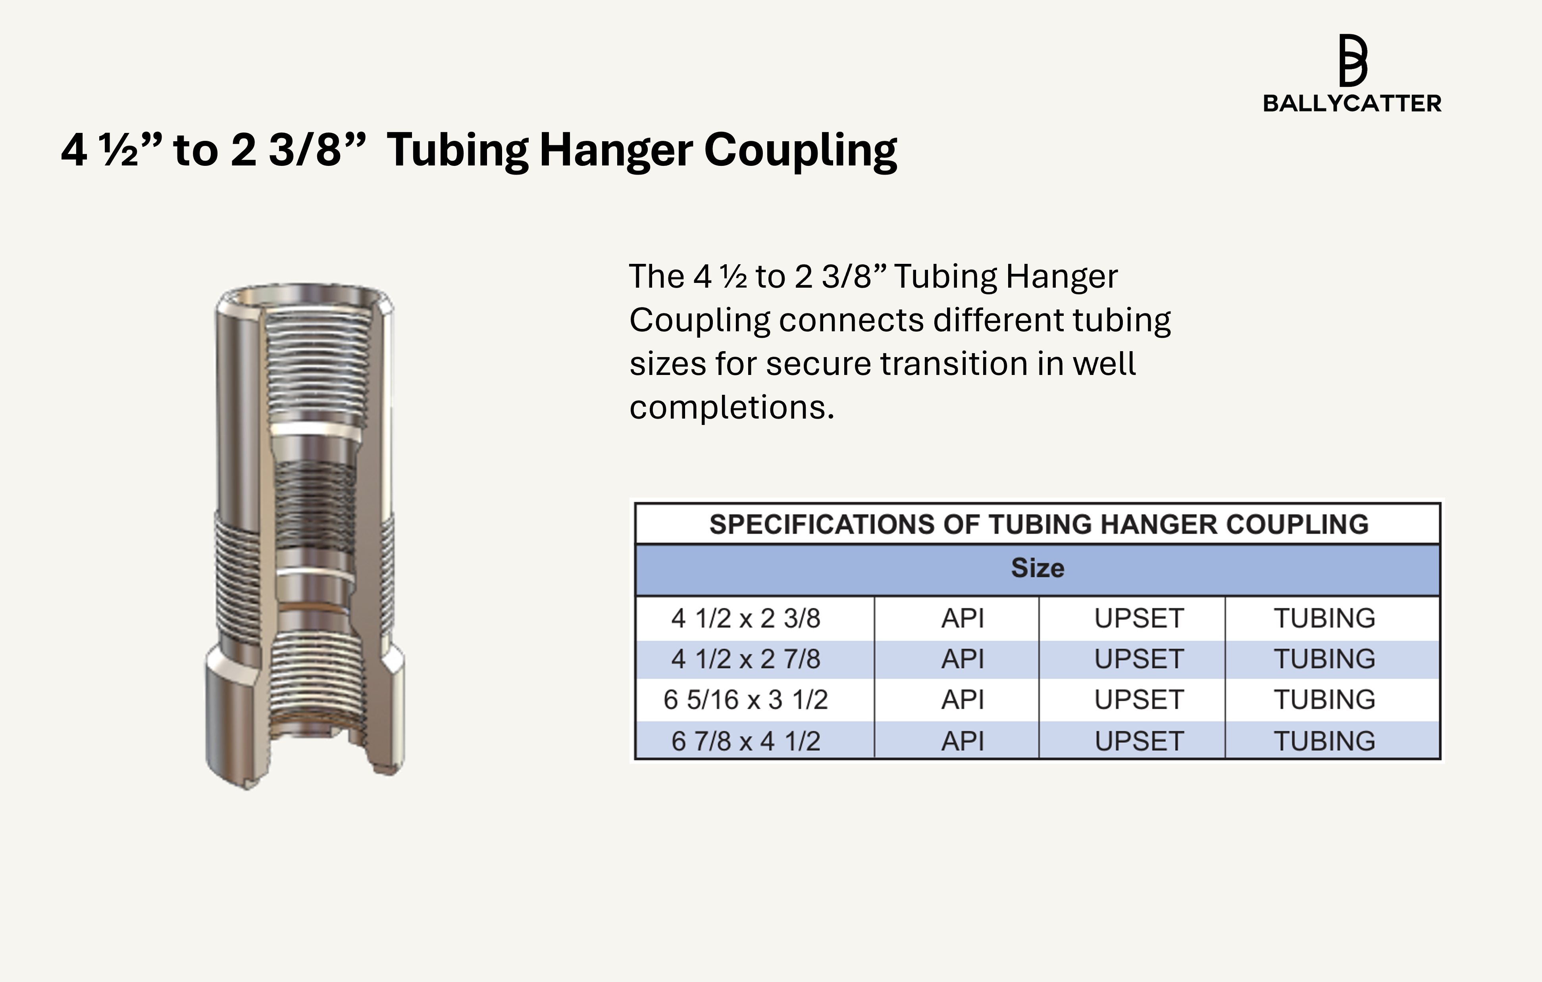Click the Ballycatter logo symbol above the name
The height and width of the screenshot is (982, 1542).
tap(1352, 60)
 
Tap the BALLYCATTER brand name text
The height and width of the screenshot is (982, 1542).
tap(1352, 104)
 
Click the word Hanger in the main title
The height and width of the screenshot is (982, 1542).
tap(615, 150)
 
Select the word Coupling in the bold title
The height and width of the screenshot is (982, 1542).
tap(801, 150)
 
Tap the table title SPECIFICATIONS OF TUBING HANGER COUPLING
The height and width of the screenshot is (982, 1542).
tap(1039, 524)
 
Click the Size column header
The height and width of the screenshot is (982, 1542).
tap(1038, 568)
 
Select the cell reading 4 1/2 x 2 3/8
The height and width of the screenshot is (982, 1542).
tap(746, 619)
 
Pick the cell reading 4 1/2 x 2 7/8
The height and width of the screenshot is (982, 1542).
tap(746, 659)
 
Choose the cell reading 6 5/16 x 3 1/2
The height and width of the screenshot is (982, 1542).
tap(746, 700)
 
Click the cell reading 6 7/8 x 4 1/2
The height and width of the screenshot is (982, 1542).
tap(746, 741)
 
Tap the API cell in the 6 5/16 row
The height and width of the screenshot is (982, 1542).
tap(963, 700)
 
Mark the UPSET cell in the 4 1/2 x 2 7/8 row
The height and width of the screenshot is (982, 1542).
tap(1139, 659)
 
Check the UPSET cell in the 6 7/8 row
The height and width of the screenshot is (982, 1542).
tap(1139, 741)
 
